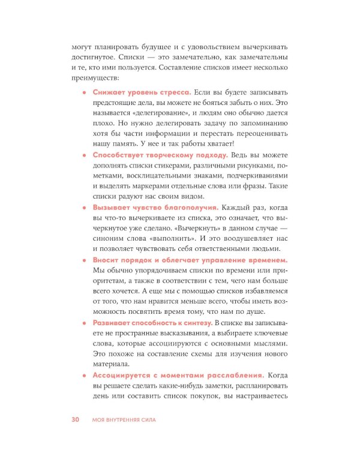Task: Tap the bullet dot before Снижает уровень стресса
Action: pos(85,93)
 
